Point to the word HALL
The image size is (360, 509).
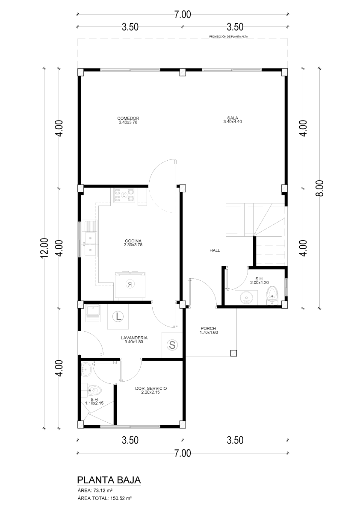tap(215, 250)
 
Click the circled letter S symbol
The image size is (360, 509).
tap(172, 345)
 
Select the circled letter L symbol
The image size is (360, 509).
tap(118, 316)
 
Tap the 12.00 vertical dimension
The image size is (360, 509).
tap(44, 248)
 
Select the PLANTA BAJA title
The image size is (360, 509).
tap(109, 480)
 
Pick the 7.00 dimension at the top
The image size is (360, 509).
tap(183, 15)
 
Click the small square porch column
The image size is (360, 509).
tap(233, 353)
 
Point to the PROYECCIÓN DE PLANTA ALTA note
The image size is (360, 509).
tap(229, 37)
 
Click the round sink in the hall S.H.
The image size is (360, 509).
tap(246, 297)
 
